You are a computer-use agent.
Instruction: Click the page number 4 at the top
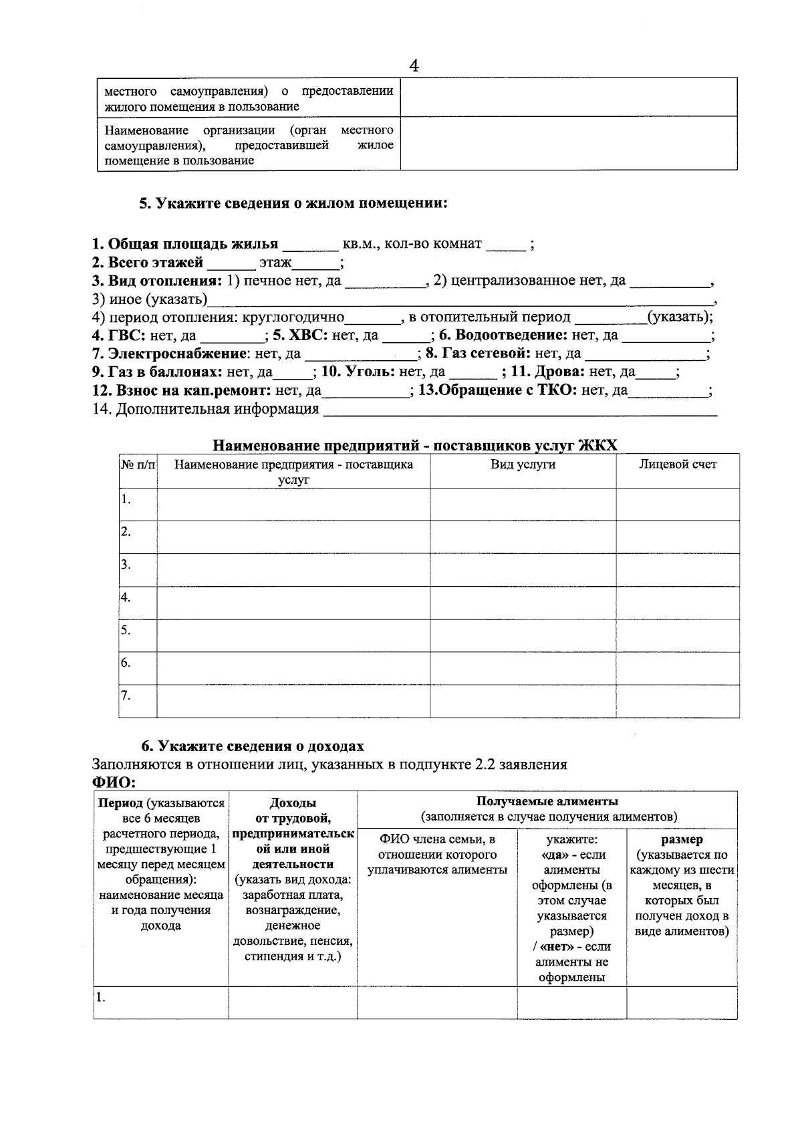(414, 65)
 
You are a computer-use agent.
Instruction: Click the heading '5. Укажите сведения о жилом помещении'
(293, 203)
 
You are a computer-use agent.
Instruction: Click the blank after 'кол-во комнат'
(505, 245)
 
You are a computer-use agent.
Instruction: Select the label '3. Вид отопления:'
(157, 281)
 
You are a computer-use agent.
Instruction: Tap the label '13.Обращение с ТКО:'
(497, 390)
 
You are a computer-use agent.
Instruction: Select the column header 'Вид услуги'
(523, 464)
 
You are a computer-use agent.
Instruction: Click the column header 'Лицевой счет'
(677, 464)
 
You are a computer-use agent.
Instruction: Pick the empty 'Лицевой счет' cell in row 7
(677, 701)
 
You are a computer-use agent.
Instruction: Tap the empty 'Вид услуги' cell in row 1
(523, 505)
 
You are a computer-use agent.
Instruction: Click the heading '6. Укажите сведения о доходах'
(253, 746)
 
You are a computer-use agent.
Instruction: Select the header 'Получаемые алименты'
(547, 801)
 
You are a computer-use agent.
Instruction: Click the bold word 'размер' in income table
(681, 839)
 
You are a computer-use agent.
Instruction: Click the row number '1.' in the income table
(100, 998)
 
